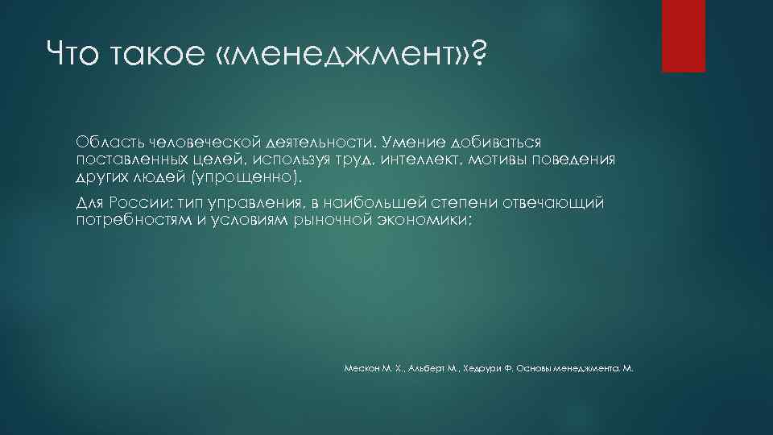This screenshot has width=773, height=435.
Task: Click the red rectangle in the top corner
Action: (x=683, y=35)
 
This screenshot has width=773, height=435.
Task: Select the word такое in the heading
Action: (x=159, y=56)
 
